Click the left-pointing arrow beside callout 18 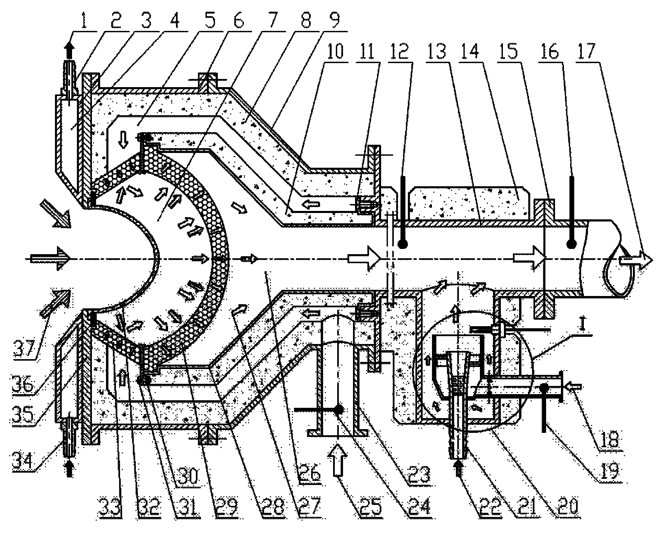pyautogui.click(x=573, y=387)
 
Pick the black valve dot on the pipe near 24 pyautogui.click(x=339, y=409)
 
